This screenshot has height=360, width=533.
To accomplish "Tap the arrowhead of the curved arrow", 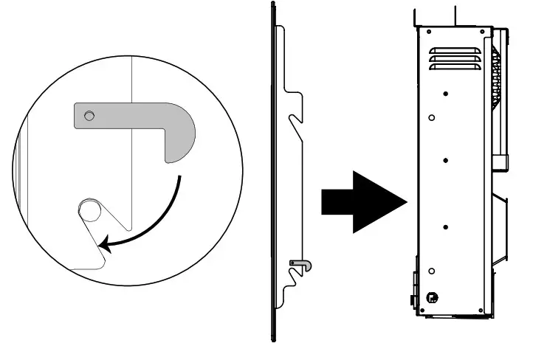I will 107,245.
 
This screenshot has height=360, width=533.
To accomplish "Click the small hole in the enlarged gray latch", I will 89,115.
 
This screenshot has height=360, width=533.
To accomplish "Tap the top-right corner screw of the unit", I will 481,32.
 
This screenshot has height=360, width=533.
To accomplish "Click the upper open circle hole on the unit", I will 432,117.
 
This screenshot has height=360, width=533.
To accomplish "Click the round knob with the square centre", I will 431,298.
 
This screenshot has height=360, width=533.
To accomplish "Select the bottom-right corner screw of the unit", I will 481,308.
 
